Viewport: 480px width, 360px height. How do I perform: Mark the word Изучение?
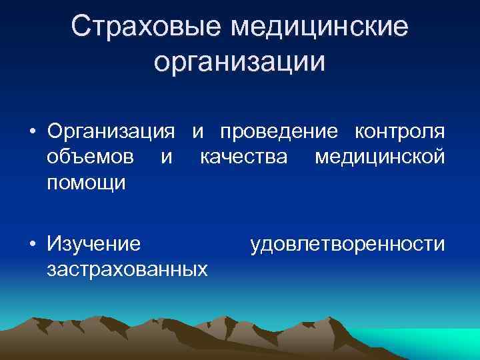point(94,244)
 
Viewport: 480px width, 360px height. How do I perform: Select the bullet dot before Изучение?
point(32,244)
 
